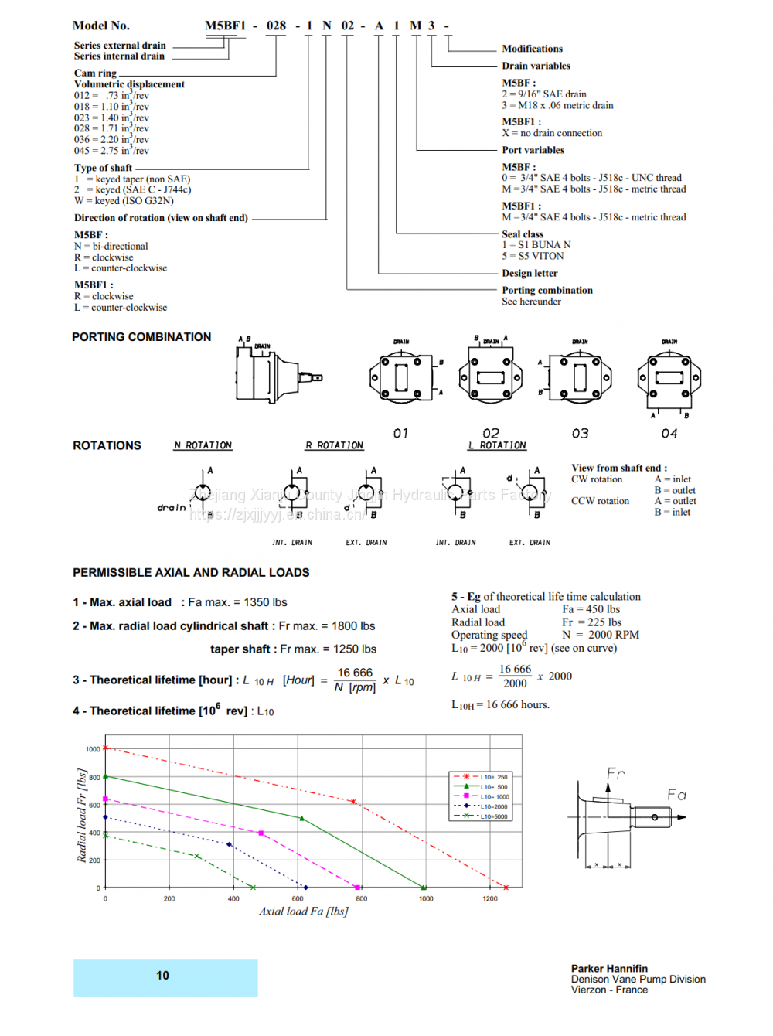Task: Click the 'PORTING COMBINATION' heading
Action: [141, 337]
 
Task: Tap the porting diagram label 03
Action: [580, 434]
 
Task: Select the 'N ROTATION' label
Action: [203, 445]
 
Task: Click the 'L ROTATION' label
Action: [497, 445]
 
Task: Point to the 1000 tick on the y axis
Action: [93, 749]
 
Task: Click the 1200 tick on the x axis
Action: [490, 899]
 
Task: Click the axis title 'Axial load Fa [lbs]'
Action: [303, 912]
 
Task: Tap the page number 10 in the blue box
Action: [162, 976]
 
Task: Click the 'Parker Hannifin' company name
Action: [609, 969]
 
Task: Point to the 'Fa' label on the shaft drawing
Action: [676, 795]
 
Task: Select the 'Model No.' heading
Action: [101, 26]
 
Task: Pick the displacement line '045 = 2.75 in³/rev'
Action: [111, 151]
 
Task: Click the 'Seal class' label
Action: [523, 234]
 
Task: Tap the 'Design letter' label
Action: [530, 273]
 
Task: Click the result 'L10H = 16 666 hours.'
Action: [500, 705]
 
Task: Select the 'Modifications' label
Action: [532, 49]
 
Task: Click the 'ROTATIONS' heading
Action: [107, 445]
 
